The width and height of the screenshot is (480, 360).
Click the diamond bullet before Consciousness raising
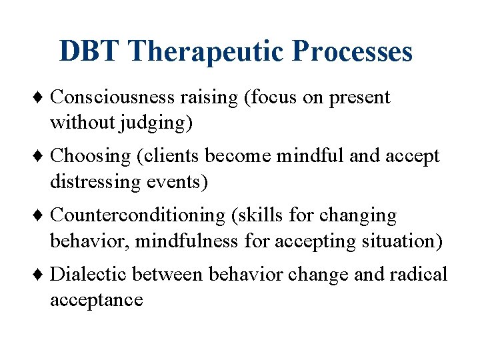coord(42,98)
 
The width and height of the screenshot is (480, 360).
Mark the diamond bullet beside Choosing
coord(42,157)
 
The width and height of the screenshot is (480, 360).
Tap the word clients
coord(169,156)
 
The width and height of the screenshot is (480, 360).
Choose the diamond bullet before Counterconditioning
coord(42,216)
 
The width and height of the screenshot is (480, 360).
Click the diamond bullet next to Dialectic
coord(42,275)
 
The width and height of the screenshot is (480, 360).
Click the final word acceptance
coord(97,300)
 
